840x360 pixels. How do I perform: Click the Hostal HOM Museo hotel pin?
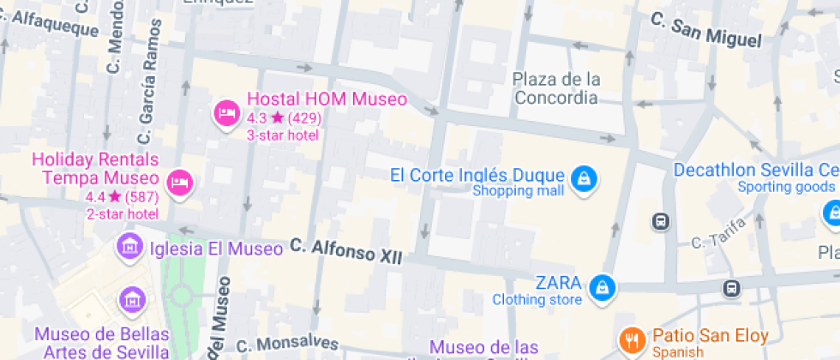[x=226, y=112]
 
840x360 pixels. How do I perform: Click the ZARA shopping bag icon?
[x=603, y=285]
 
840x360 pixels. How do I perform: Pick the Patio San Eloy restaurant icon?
[x=632, y=339]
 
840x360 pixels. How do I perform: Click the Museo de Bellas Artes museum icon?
[x=133, y=299]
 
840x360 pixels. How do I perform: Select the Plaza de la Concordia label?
[x=555, y=88]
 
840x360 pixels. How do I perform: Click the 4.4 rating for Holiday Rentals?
[x=94, y=196]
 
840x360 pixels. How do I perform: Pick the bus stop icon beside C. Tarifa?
[x=662, y=221]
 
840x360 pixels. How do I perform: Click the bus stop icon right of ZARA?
[x=730, y=288]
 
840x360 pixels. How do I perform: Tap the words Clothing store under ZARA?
[x=537, y=299]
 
